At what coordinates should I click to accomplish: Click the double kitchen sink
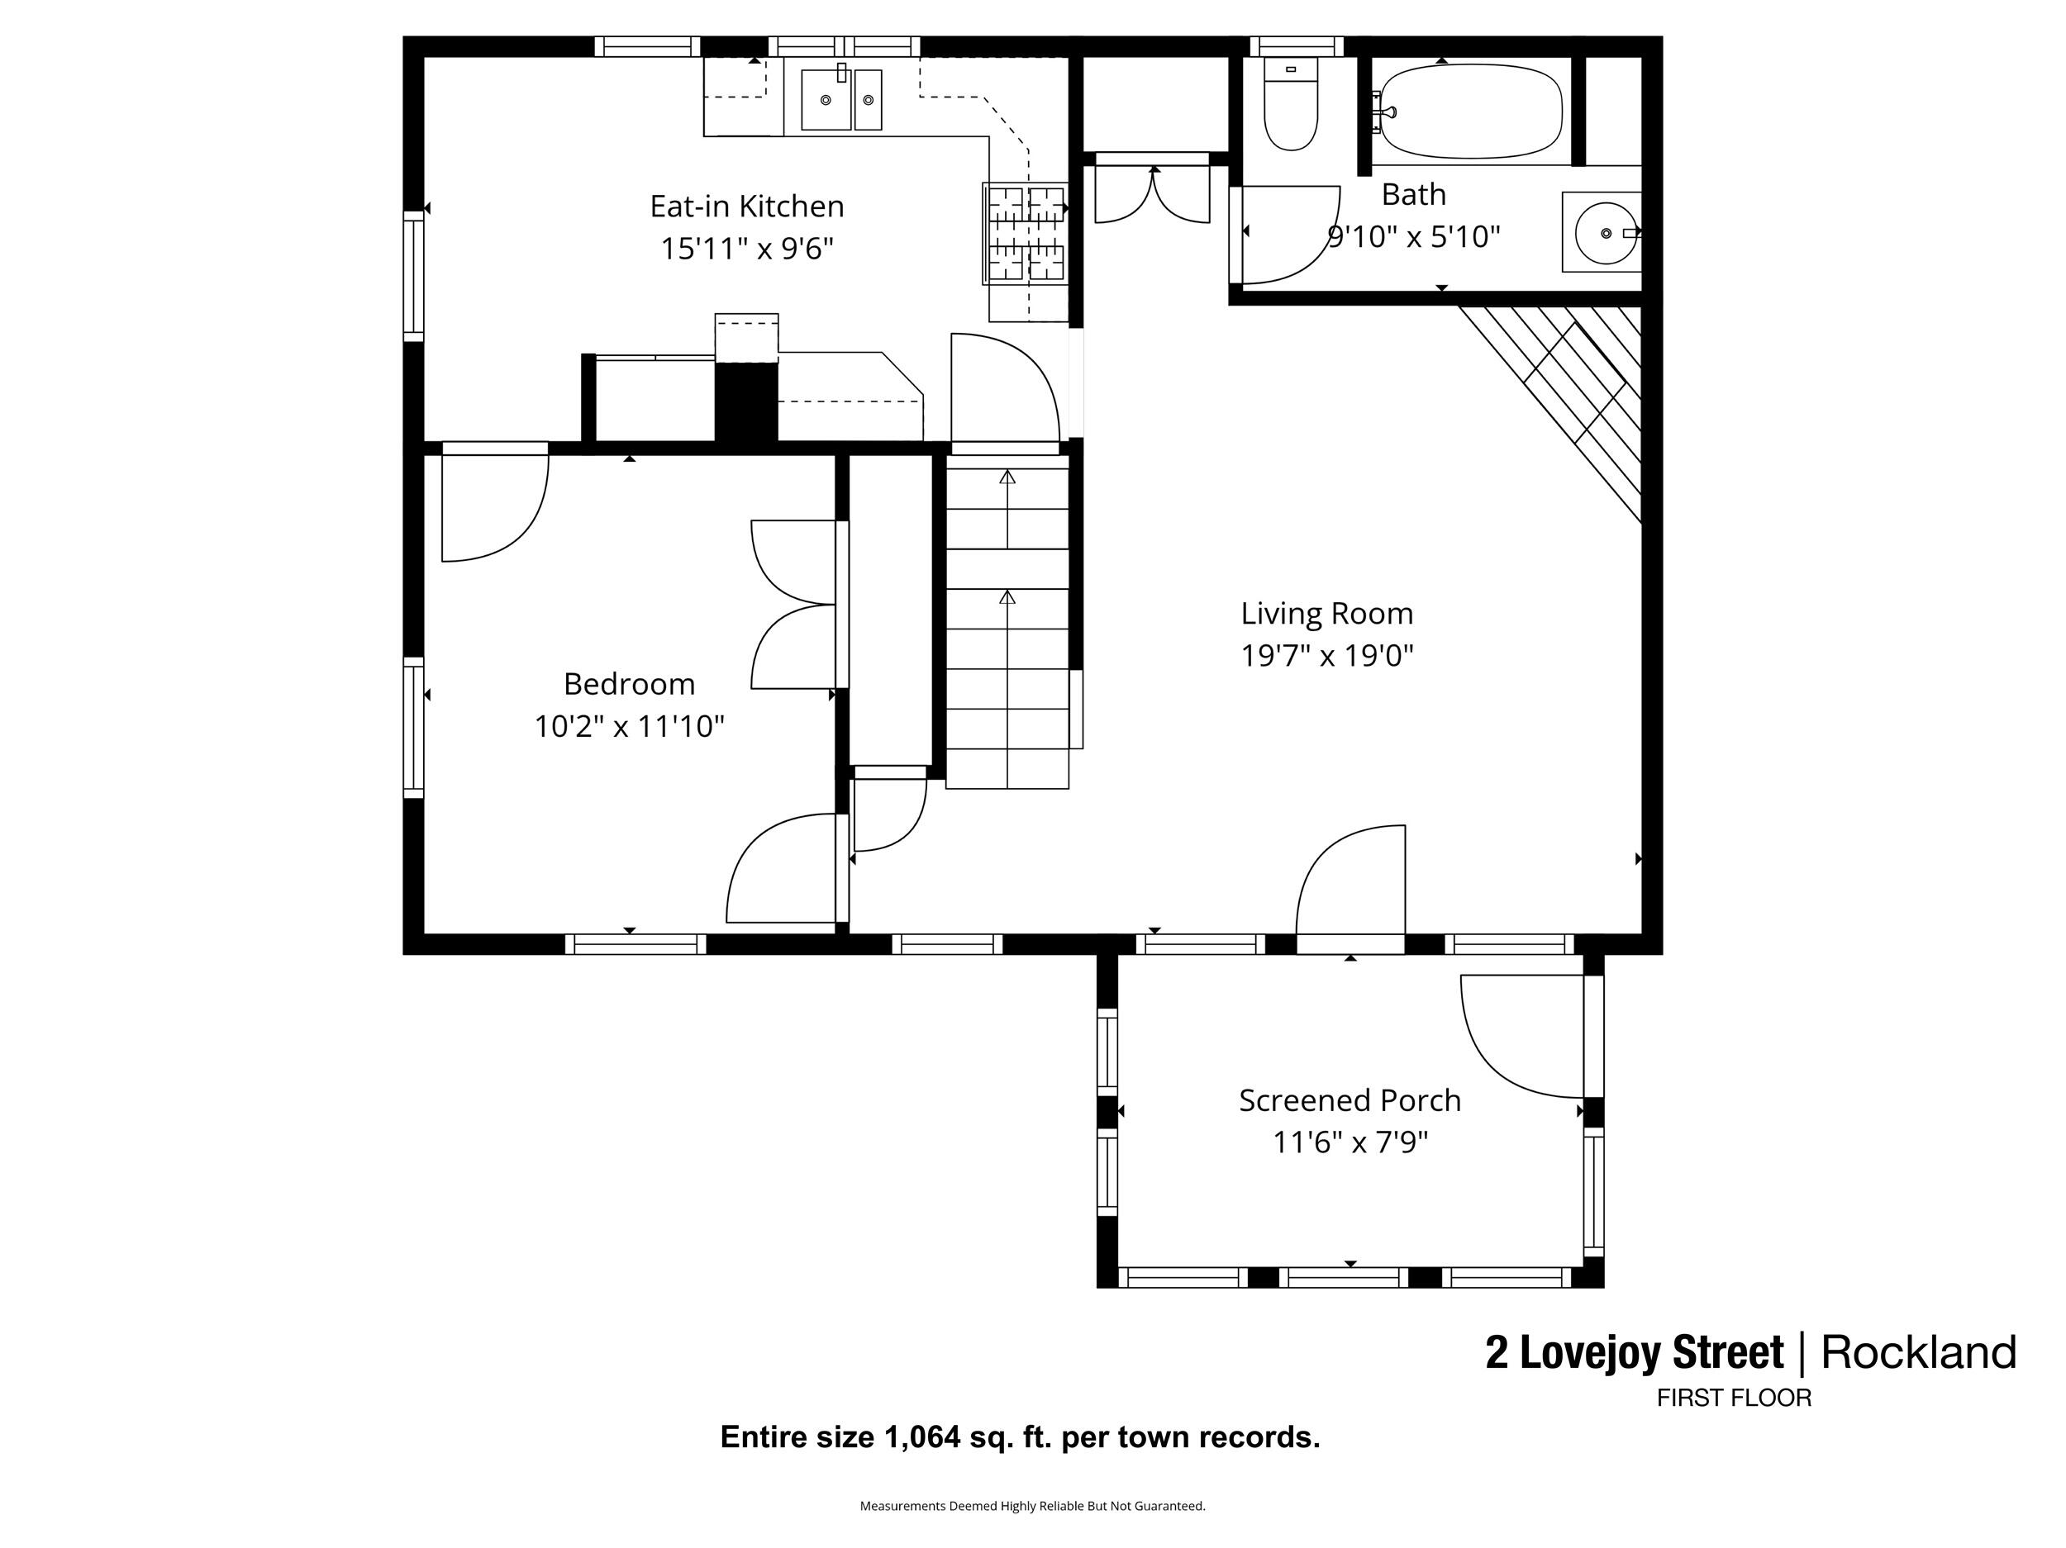click(840, 100)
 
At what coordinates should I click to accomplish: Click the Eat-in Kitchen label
click(746, 207)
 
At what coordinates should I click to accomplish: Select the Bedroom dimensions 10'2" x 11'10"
click(630, 726)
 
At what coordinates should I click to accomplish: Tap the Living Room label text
click(1326, 614)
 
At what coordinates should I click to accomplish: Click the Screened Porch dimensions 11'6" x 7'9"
click(1350, 1142)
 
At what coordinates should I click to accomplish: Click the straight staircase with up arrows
click(1007, 625)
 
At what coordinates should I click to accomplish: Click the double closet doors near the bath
click(1153, 194)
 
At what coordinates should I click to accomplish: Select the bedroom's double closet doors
click(794, 604)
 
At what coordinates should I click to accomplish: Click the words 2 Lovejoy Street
click(1635, 1353)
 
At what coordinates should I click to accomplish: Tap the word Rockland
click(1918, 1353)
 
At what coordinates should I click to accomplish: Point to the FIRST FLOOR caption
click(1734, 1398)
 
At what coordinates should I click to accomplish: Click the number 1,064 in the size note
click(922, 1436)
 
